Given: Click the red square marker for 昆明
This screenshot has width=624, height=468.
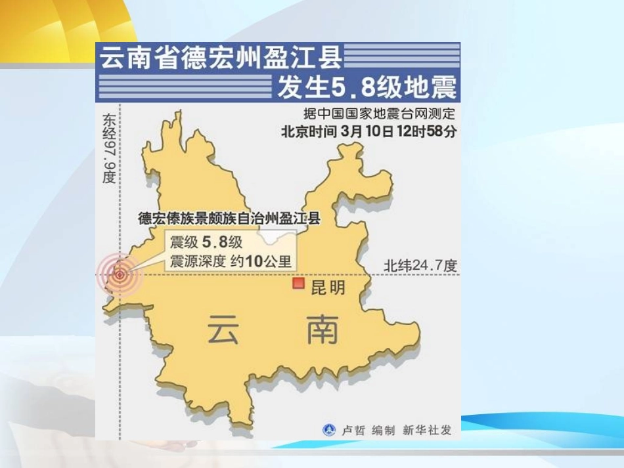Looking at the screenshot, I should point(299,283).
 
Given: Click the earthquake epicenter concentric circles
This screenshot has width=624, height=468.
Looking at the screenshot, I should point(120,274).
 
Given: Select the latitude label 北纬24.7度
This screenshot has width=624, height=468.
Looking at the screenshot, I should point(420,266).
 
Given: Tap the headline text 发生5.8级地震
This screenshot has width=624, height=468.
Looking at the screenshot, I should point(367,88).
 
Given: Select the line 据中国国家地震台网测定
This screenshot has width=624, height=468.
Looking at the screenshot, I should point(380,114).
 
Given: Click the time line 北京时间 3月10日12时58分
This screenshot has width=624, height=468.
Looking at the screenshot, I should point(369,131).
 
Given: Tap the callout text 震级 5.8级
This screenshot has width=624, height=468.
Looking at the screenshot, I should point(206,242).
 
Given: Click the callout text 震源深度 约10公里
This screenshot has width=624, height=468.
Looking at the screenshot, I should point(230,260).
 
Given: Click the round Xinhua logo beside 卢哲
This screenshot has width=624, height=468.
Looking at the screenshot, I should point(328,431).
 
